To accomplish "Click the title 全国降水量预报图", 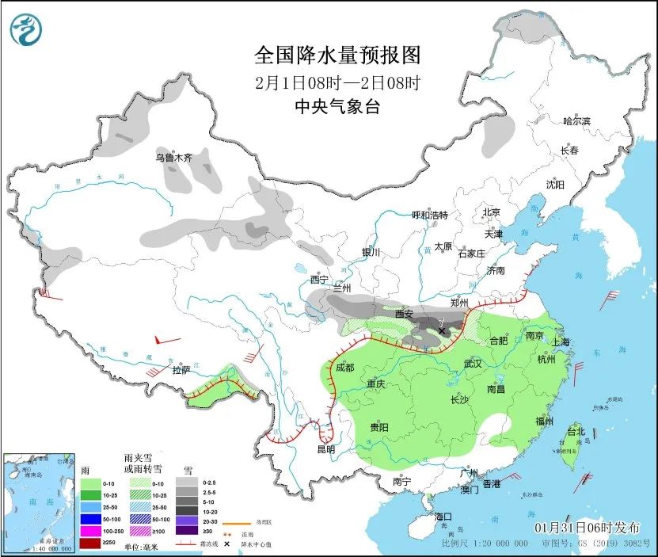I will [x=337, y=55].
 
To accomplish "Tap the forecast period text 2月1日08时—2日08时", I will [x=337, y=82].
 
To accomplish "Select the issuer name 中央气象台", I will [x=337, y=107].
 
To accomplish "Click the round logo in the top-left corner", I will [x=26, y=29].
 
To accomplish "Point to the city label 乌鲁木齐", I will [x=174, y=157].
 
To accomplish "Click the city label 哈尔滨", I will [x=576, y=121].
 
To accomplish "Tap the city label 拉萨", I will [x=181, y=369].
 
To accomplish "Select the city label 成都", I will [x=344, y=368].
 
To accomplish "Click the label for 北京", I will [x=492, y=212].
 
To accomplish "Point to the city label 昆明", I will [x=325, y=449].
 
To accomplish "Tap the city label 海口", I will [x=444, y=517].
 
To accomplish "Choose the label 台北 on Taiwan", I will [x=575, y=432].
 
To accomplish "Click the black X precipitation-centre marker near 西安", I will [x=442, y=331].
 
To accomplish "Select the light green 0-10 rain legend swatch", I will [x=91, y=483].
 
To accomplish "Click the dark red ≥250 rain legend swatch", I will [x=91, y=542].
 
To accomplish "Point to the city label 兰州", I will [x=342, y=288].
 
